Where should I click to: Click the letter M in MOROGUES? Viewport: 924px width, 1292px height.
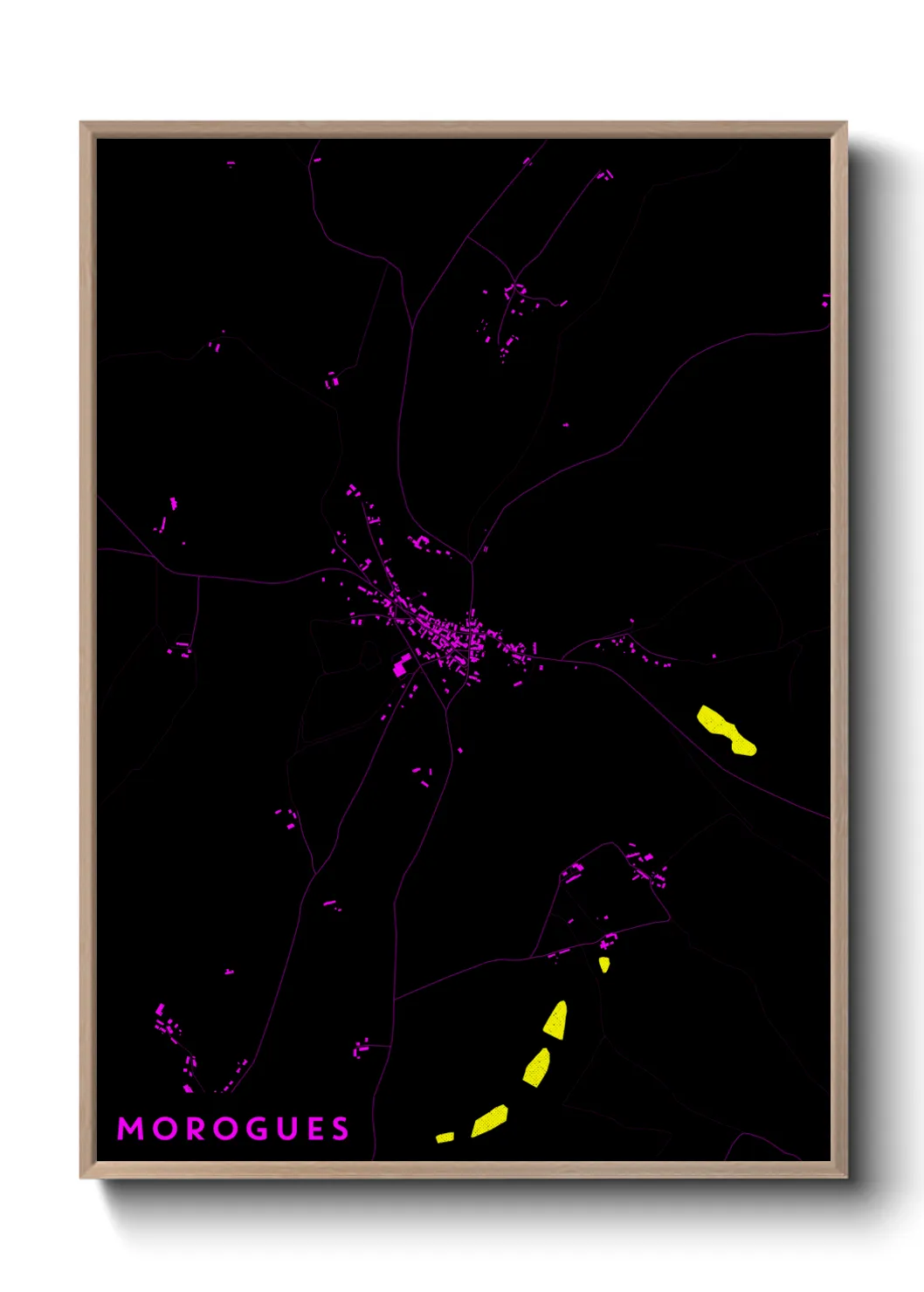(x=130, y=1129)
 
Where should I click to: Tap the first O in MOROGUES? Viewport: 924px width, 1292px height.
(x=165, y=1129)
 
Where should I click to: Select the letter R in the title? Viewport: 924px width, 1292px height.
(x=197, y=1129)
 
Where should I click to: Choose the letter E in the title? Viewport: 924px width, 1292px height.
(x=316, y=1129)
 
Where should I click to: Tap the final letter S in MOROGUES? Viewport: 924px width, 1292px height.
(x=340, y=1129)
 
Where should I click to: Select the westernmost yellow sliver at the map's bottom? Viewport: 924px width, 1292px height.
(x=445, y=1137)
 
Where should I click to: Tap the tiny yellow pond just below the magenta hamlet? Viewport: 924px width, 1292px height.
(x=603, y=965)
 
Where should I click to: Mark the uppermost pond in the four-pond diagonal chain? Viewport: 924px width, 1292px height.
(x=556, y=1020)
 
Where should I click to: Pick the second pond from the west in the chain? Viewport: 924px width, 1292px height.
(x=490, y=1121)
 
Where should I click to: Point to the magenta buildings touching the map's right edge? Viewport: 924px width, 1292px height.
(x=825, y=300)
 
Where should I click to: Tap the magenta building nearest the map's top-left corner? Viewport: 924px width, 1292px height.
(x=231, y=162)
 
